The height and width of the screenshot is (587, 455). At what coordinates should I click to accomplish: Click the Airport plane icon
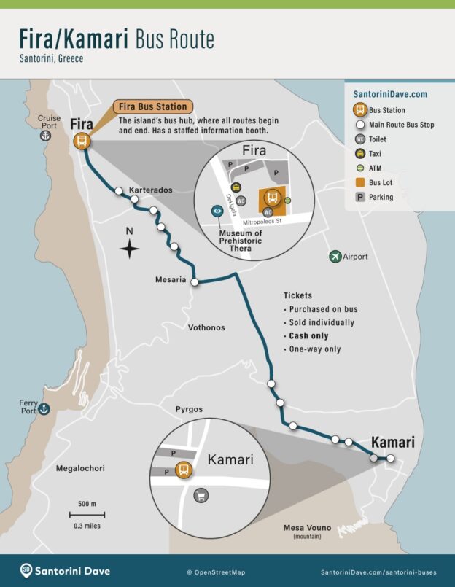[x=335, y=256]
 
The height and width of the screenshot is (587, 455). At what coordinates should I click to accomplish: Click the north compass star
[x=130, y=249]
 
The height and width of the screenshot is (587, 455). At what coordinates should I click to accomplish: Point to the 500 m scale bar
[x=88, y=514]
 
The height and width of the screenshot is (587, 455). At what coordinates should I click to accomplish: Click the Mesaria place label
[x=171, y=279]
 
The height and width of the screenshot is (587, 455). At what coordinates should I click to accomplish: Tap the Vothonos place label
[x=206, y=327]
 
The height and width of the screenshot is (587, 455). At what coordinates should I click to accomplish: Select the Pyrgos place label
[x=189, y=410]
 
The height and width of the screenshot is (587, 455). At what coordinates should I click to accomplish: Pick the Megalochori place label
[x=82, y=468]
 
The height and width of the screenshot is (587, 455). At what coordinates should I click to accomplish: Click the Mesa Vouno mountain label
[x=307, y=528]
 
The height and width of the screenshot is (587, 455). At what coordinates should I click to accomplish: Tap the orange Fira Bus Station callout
[x=153, y=106]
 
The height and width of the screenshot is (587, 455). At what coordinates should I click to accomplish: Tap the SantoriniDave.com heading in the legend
[x=390, y=94]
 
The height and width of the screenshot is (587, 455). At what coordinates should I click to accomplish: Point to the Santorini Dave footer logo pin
[x=26, y=570]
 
